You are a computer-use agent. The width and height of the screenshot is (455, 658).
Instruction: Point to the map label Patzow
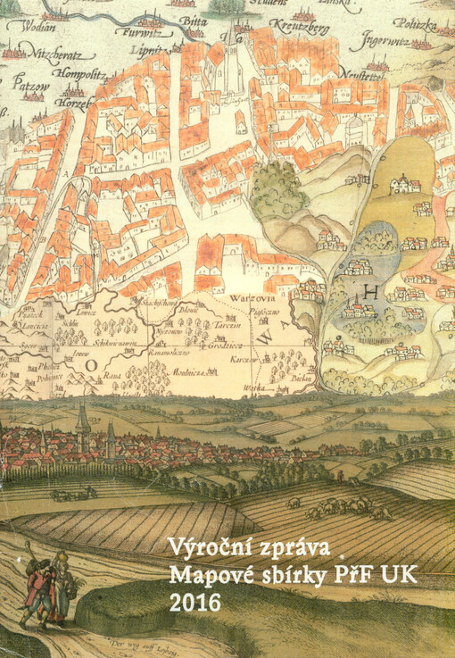(x=29, y=87)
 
